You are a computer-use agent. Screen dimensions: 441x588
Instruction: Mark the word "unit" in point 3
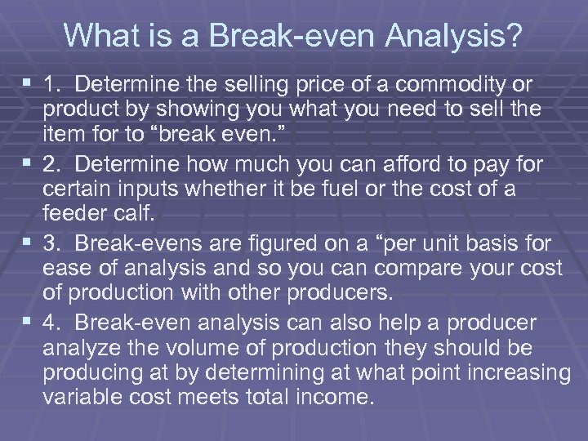coord(409,243)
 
